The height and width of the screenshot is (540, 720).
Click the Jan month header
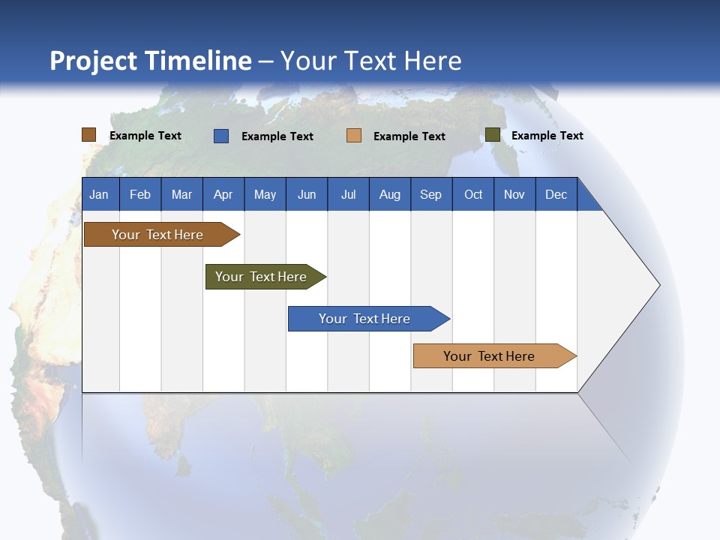[99, 195]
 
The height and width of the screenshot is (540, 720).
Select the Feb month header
[140, 195]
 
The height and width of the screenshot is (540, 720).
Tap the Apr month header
[223, 195]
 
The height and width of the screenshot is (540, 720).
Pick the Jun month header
[307, 195]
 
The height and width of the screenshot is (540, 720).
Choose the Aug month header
[389, 195]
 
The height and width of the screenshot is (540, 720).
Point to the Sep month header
[430, 195]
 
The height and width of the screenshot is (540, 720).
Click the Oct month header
[473, 195]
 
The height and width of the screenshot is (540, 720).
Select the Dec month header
[556, 195]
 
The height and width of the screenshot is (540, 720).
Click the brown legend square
[89, 135]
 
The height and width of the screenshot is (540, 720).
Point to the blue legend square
[221, 136]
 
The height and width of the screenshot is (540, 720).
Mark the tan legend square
[354, 136]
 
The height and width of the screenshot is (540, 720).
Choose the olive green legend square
[493, 135]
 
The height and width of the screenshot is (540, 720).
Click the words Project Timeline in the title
[151, 61]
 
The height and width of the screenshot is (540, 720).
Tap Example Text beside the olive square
[547, 136]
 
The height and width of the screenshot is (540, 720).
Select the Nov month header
[514, 195]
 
